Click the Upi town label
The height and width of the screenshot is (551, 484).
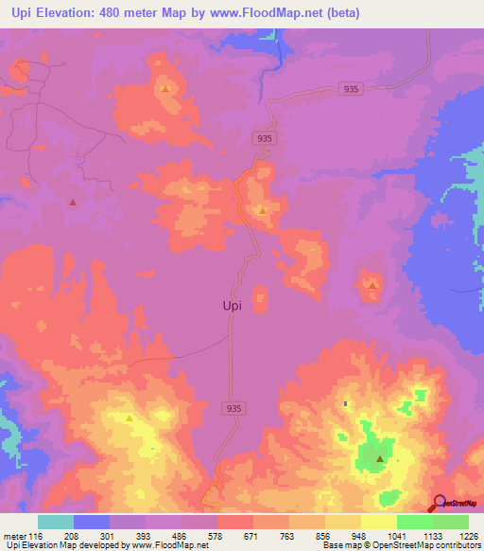pos(237,306)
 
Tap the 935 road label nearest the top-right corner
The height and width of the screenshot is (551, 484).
pos(351,89)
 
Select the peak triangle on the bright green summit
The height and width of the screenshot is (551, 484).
pos(380,459)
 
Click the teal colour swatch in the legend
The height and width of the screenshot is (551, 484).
pos(56,522)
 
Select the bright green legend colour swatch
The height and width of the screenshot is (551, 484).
pos(415,522)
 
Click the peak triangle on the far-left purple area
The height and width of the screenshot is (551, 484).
pos(73,202)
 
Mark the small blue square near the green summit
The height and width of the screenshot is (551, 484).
pos(345,404)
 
